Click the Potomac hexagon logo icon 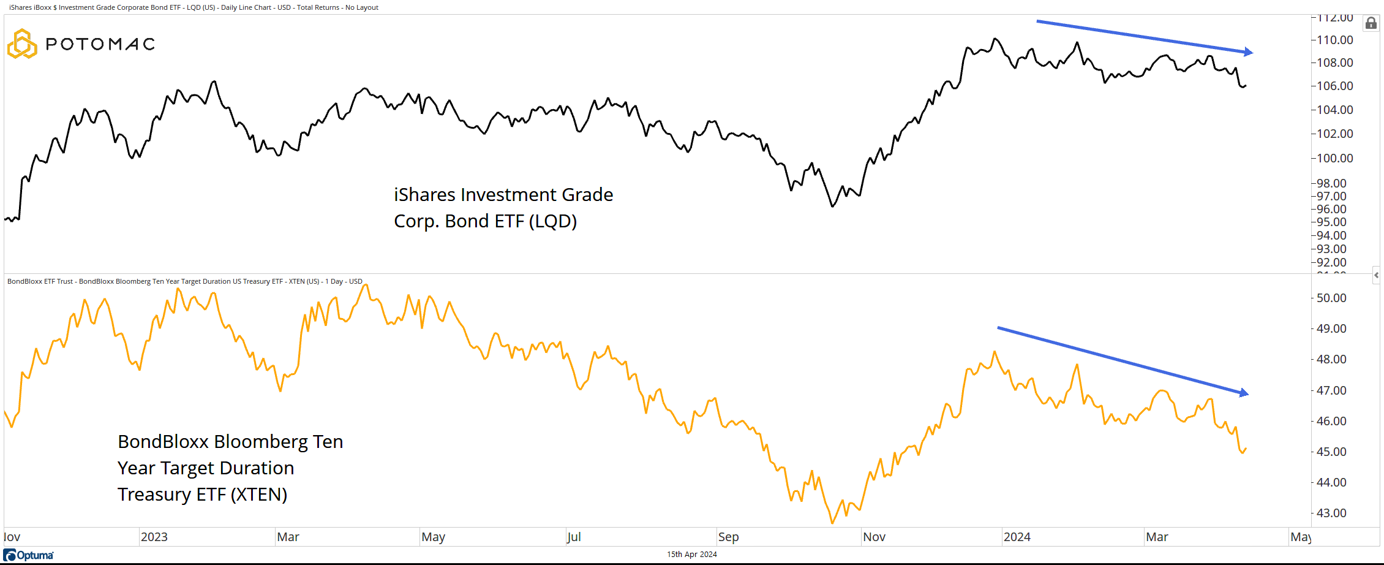(22, 44)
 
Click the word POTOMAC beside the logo (100, 44)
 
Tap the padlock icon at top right (1371, 23)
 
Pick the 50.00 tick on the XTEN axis (1331, 298)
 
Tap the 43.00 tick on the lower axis (1331, 513)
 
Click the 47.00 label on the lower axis (1331, 390)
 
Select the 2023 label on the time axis (154, 537)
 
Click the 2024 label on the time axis (1017, 537)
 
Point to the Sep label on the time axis (729, 537)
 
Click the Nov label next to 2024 (874, 537)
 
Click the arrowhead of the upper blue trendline (1249, 52)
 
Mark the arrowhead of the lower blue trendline (1244, 393)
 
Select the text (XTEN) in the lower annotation (258, 495)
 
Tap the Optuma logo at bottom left (29, 555)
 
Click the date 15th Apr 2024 (692, 555)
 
